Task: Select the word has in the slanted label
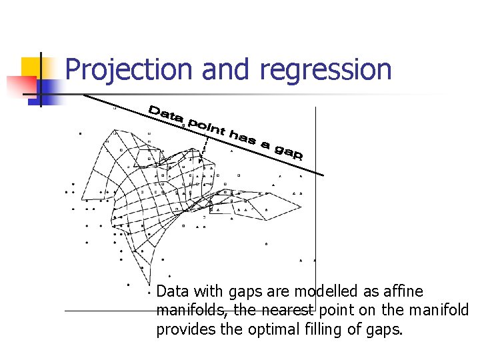243,137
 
